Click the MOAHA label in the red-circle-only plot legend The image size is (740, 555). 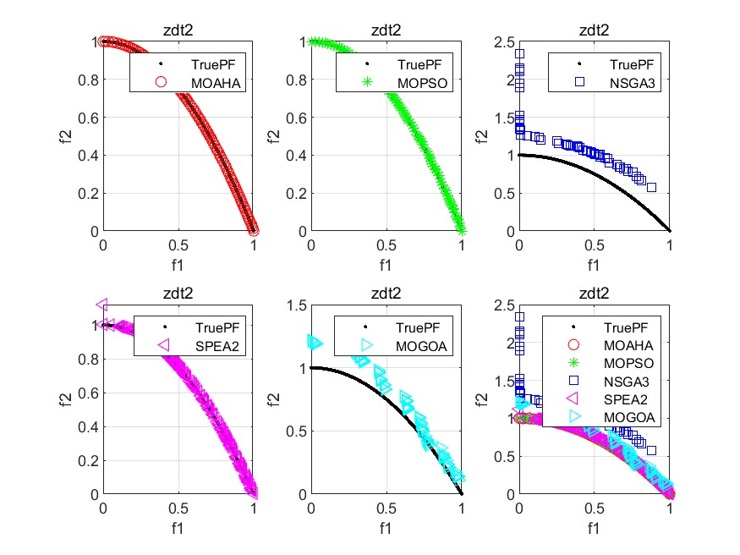215,83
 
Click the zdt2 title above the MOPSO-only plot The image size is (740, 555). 386,30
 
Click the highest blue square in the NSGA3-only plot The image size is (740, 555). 519,54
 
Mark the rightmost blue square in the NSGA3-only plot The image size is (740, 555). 651,187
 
